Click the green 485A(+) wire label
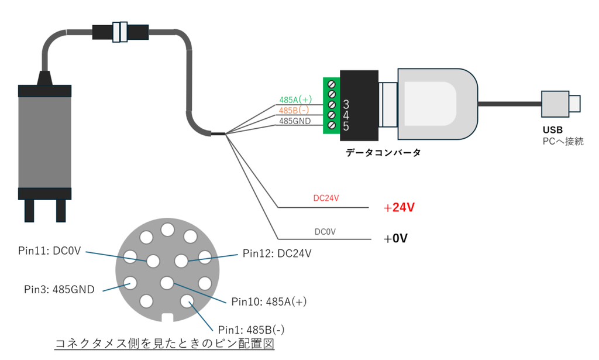[x=295, y=100]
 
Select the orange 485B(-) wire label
[x=294, y=111]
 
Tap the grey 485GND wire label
[x=295, y=121]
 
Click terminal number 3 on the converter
[x=346, y=104]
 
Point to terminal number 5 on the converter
[x=346, y=126]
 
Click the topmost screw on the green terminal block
[x=332, y=84]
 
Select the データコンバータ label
[x=383, y=152]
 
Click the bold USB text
[x=552, y=130]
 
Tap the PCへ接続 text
[x=563, y=142]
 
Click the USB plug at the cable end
[x=560, y=104]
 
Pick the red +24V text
[x=399, y=208]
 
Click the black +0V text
[x=395, y=238]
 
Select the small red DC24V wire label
[x=326, y=198]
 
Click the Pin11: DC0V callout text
[x=50, y=251]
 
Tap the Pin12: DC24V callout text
[x=277, y=253]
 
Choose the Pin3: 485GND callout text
[x=59, y=289]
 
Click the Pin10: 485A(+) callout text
[x=269, y=301]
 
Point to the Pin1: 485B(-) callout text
[x=251, y=330]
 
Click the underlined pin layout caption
[x=164, y=343]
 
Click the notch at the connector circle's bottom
[x=167, y=318]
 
